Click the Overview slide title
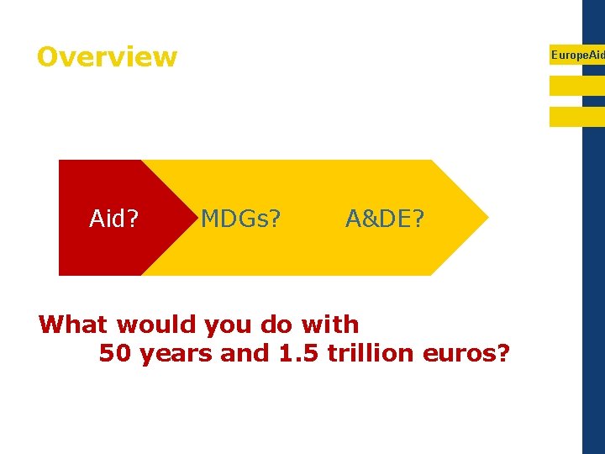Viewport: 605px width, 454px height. point(107,57)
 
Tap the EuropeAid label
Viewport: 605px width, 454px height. point(577,55)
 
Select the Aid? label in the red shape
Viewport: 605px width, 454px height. point(114,219)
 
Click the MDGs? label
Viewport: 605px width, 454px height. point(240,219)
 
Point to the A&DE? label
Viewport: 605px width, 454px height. point(385,219)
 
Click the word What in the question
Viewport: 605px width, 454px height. point(74,325)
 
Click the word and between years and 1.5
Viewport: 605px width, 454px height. point(245,354)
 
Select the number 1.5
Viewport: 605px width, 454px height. point(298,354)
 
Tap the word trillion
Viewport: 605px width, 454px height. point(371,354)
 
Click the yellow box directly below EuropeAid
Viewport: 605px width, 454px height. point(576,86)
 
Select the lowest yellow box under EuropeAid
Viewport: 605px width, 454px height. point(576,116)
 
